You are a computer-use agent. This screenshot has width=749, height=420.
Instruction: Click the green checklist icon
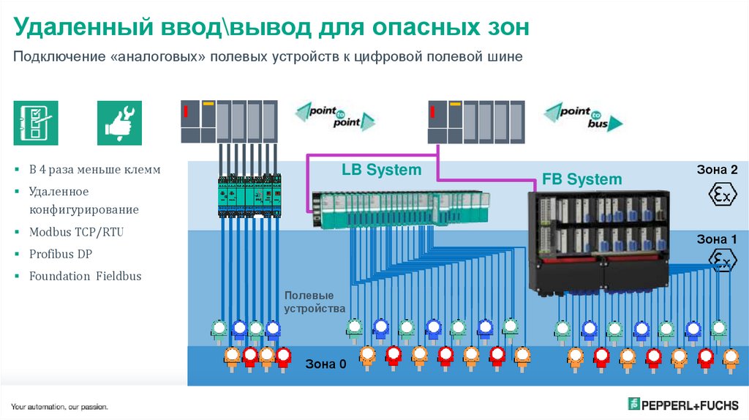(35, 121)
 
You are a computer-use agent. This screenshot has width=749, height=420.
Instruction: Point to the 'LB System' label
(382, 170)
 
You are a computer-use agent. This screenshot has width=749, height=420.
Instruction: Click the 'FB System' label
(582, 179)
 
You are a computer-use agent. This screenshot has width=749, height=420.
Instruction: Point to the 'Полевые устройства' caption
(315, 301)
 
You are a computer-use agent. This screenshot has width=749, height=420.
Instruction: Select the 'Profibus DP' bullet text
(61, 254)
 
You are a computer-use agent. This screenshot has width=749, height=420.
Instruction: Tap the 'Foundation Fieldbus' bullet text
(85, 277)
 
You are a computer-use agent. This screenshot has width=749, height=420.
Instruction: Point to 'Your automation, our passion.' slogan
(59, 406)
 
